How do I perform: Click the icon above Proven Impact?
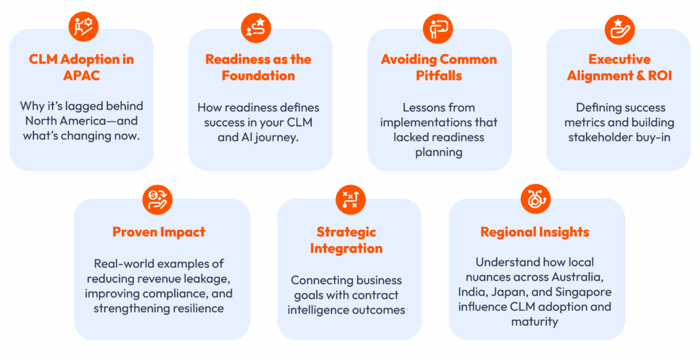[159, 199]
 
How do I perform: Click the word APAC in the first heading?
[81, 75]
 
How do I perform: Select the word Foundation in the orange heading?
[258, 75]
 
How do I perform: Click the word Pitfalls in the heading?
[439, 75]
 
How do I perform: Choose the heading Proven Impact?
[159, 232]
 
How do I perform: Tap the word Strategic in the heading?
[346, 232]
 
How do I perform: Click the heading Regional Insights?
[535, 232]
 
